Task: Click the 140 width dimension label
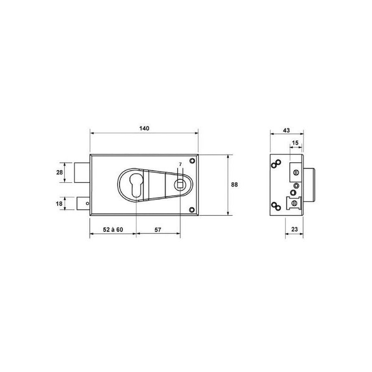144,128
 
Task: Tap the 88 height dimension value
234,185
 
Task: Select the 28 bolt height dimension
60,172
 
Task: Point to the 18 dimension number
59,204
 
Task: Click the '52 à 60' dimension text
113,230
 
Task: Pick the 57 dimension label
158,230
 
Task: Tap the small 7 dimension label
180,164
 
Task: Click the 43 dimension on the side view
286,130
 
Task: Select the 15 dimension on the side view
295,143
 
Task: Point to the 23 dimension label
294,229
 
